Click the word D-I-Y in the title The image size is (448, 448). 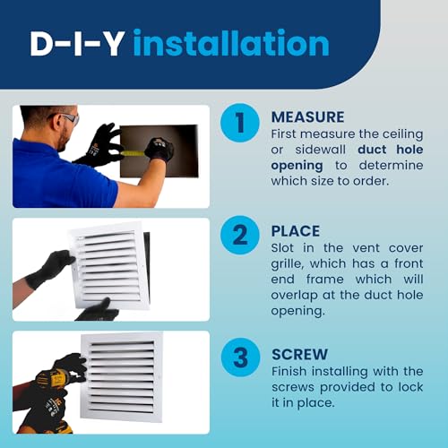click(x=78, y=44)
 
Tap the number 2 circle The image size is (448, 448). click(x=239, y=236)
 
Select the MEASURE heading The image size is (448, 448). click(x=307, y=117)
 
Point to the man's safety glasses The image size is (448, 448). click(x=66, y=118)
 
